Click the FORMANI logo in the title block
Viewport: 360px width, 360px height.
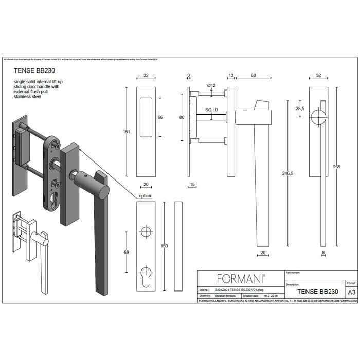tap(241, 279)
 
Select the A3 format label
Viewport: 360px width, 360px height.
tap(351, 292)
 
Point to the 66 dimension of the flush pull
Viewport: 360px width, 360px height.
tap(160, 117)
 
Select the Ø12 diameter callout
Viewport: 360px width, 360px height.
tap(211, 85)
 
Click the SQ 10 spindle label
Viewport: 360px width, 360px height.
tap(211, 110)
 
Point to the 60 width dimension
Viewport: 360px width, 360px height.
tap(254, 75)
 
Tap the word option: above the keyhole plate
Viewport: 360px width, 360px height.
tap(146, 196)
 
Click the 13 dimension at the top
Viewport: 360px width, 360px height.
tap(231, 75)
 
